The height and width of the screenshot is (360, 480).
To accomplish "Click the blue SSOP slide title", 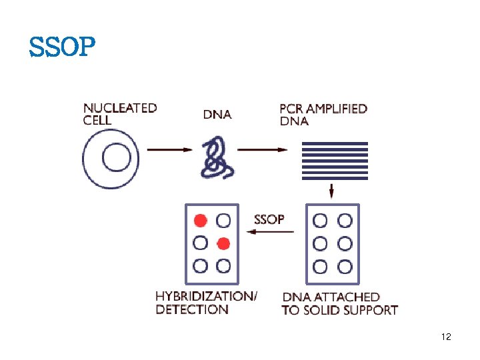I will [62, 47].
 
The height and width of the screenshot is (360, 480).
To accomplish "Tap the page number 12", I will [446, 337].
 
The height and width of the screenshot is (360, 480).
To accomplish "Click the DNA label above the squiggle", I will [217, 115].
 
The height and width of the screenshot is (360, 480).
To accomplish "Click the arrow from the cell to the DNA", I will [169, 149].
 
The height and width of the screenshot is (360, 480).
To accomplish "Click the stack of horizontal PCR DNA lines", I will [335, 161].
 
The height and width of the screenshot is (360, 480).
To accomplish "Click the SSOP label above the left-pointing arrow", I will [269, 219].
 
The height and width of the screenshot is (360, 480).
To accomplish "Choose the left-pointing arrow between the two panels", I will [269, 231].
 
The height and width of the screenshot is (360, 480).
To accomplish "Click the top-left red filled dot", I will [200, 220].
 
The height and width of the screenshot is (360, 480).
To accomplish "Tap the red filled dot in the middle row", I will [223, 243].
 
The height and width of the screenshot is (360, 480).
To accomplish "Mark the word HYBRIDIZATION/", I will [206, 296].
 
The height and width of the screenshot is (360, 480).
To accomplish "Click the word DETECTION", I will [192, 309].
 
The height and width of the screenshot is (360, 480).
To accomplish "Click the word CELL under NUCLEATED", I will [97, 121].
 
